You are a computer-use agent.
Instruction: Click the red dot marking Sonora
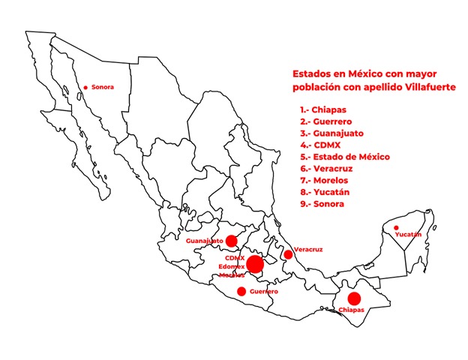tap(85, 88)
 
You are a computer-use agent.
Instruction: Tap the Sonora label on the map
tap(102, 87)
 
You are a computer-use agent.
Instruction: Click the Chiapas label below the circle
tap(351, 310)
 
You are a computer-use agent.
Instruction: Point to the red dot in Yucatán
tap(396, 227)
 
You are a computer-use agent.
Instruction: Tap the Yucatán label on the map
tap(408, 235)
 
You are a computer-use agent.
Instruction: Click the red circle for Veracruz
tap(288, 254)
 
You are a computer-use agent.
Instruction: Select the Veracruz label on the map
tap(308, 247)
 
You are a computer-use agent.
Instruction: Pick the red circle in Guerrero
tap(241, 291)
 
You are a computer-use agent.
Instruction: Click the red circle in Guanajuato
tap(232, 241)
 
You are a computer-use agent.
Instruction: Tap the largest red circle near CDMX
tap(255, 264)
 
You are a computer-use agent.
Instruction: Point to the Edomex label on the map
tap(230, 266)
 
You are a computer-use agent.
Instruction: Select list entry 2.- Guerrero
tap(325, 121)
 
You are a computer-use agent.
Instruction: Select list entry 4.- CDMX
tap(316, 145)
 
